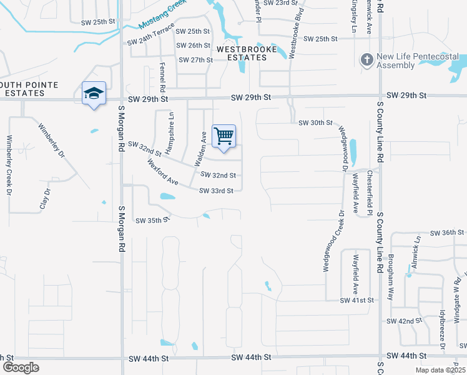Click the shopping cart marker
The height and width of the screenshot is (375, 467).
coord(224,136)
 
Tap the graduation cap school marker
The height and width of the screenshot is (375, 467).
coord(94,94)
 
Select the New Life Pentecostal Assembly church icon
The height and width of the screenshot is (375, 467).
coord(366,60)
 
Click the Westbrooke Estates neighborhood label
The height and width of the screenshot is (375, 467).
coord(242,52)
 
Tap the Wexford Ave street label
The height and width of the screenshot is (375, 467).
coord(163,173)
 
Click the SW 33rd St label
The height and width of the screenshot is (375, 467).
coord(216,191)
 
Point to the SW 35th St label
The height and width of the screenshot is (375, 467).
coord(152,220)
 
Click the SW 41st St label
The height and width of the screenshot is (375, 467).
coord(356,300)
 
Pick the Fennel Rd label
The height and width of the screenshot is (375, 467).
coord(162,74)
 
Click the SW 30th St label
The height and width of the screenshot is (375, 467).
coord(315,123)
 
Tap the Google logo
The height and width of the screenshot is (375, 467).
coord(21,367)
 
